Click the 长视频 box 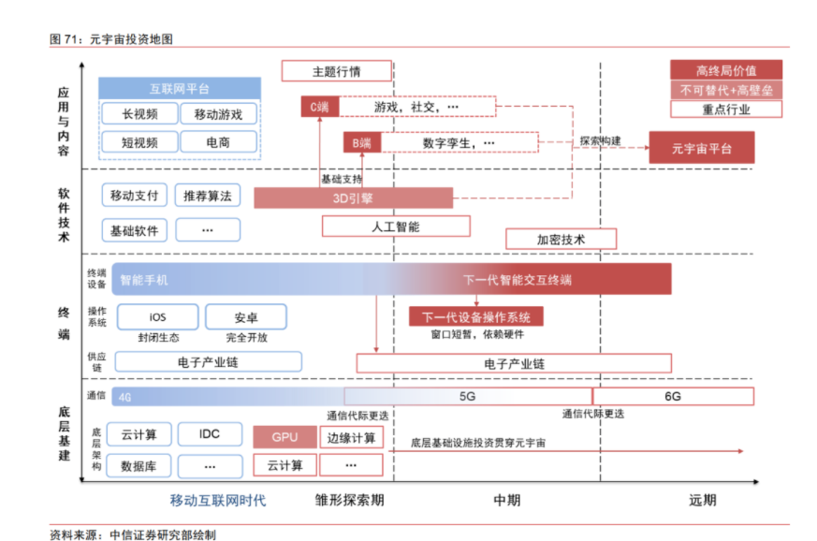pos(139,113)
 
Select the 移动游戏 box pos(218,113)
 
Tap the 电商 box pos(218,141)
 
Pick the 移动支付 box pos(135,196)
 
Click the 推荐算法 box pos(208,196)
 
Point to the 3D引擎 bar pos(353,198)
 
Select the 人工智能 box pos(396,227)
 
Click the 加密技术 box pos(562,239)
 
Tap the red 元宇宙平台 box pos(702,148)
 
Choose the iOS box pos(158,317)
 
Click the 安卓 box pos(246,317)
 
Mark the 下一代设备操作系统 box pos(476,316)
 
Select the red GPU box pos(285,437)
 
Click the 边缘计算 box pos(351,437)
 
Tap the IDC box pos(210,434)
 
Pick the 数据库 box pos(139,466)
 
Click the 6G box pos(673,396)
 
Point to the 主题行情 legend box pos(337,71)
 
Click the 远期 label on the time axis pos(703,501)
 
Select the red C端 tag pos(320,107)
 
